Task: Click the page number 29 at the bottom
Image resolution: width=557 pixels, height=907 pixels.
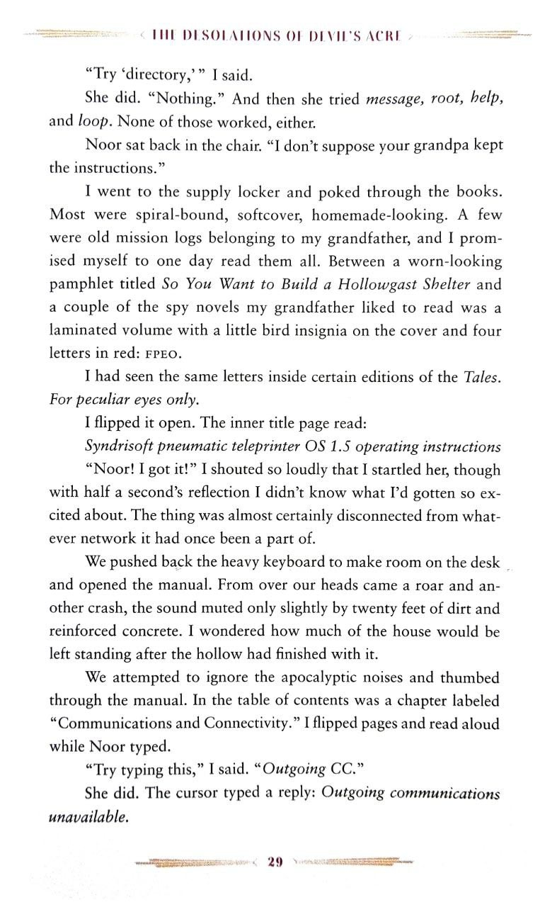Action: [275, 862]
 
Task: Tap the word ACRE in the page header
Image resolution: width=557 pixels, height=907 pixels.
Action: [386, 35]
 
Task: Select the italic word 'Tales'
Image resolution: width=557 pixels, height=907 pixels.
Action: [481, 377]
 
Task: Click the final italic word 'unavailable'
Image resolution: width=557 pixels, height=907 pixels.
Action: [88, 817]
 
